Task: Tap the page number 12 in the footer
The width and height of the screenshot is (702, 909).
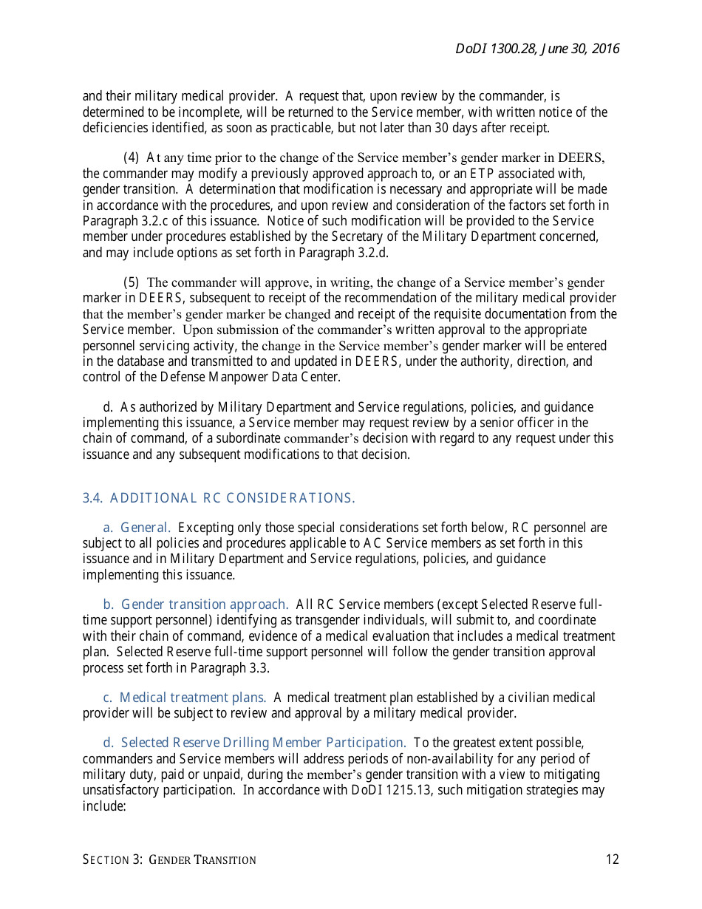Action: pyautogui.click(x=612, y=859)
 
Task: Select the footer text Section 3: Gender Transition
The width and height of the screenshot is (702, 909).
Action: pyautogui.click(x=169, y=859)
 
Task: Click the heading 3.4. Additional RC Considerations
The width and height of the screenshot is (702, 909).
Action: pyautogui.click(x=219, y=498)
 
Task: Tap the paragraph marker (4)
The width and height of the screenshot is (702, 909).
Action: pyautogui.click(x=131, y=157)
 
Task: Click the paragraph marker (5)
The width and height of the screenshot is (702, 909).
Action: pyautogui.click(x=131, y=283)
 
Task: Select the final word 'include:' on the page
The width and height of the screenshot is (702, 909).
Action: pyautogui.click(x=105, y=806)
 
